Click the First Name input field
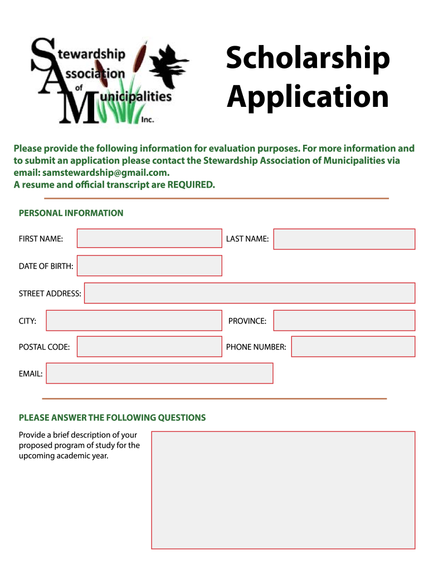coord(149,238)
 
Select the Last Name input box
coord(344,239)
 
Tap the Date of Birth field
coord(149,266)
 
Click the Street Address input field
coord(249,293)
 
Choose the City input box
coord(134,321)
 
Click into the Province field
coord(344,321)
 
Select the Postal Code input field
coord(149,346)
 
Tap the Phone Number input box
coord(353,346)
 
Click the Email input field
coord(159,373)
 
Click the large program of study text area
coord(283,490)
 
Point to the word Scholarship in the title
coord(308,60)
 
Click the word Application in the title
coord(308,97)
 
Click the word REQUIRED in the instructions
coord(191,185)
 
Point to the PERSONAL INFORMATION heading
coord(71,213)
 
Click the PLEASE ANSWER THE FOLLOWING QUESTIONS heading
coord(112,417)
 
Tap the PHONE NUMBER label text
coord(256,347)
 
